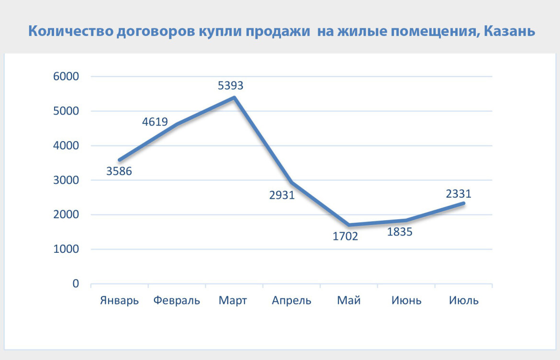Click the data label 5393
231,86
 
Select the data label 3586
119,171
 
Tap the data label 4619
155,122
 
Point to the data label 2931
281,195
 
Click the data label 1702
346,236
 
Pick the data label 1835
400,232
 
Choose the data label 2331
459,194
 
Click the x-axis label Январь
119,301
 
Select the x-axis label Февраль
177,301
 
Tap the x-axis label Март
233,301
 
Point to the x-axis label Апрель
291,301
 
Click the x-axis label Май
349,301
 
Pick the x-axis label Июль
464,301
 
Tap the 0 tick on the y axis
76,284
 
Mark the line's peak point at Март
234,98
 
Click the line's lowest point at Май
349,225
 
